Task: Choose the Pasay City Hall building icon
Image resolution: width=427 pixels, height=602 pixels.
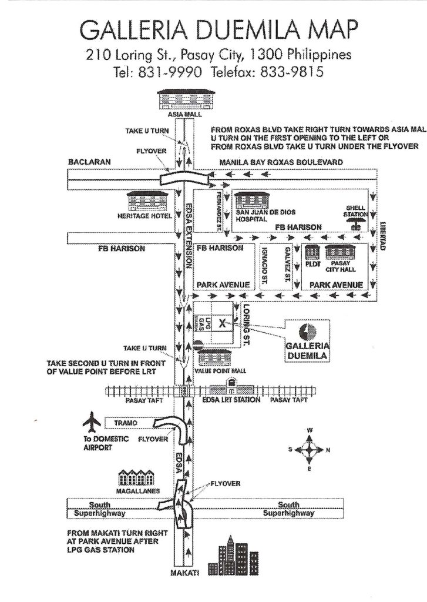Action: [338, 252]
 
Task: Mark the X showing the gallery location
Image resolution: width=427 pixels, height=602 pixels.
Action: [222, 322]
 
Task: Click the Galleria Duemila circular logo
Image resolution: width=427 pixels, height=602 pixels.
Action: [305, 332]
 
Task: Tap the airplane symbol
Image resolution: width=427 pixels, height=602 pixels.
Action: [92, 422]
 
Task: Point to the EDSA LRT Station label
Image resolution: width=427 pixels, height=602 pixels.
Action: [236, 400]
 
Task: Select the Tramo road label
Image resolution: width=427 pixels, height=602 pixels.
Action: [130, 423]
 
